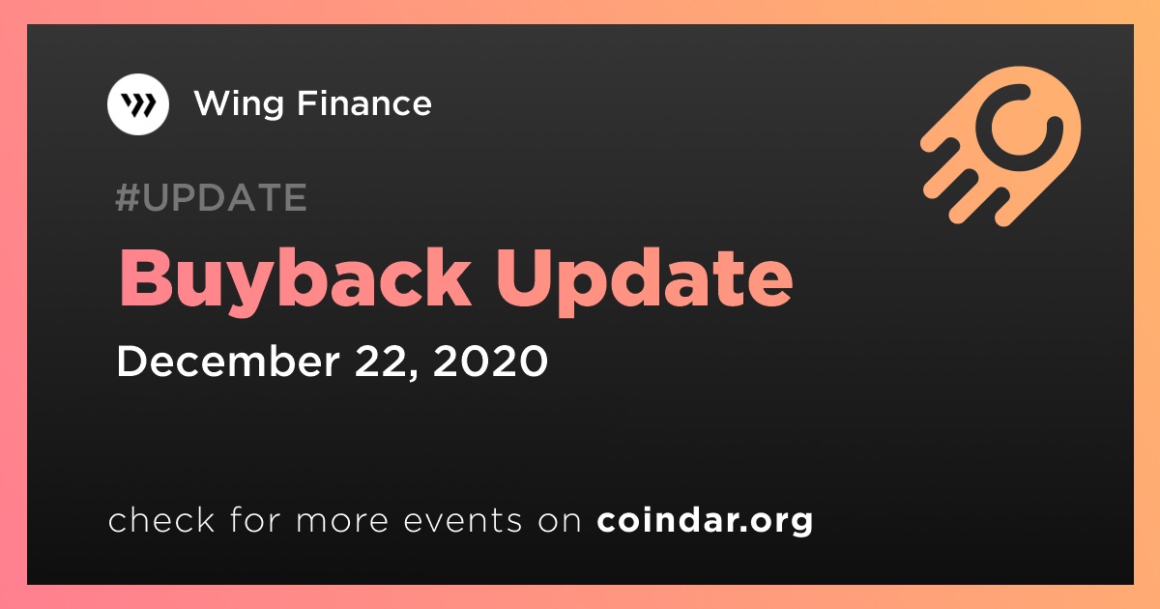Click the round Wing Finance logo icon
(x=137, y=104)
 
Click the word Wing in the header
(x=239, y=104)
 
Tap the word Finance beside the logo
(x=364, y=102)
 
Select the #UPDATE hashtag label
(x=212, y=197)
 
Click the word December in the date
(x=228, y=361)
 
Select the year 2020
(x=490, y=361)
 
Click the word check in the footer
(x=161, y=519)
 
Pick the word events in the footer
(x=463, y=520)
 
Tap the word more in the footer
(x=342, y=521)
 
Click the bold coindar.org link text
(x=705, y=520)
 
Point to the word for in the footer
(x=255, y=519)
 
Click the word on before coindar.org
(x=560, y=521)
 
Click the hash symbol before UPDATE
(x=127, y=197)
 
